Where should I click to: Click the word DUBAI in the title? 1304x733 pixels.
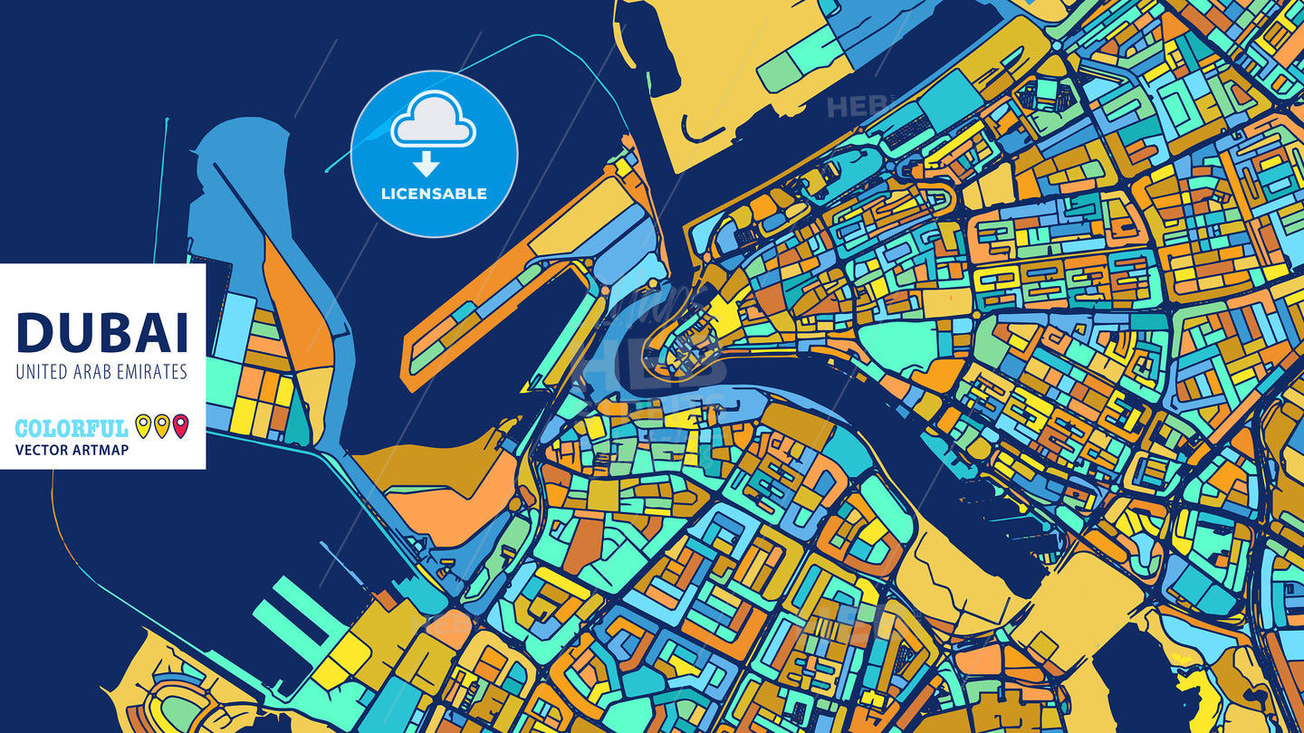point(102,332)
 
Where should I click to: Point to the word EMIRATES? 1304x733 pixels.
point(150,372)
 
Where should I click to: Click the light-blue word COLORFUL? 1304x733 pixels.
point(72,428)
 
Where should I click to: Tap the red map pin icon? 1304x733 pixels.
point(180,425)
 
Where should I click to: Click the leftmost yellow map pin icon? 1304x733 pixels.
point(143,425)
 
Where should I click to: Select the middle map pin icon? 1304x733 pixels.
point(161,425)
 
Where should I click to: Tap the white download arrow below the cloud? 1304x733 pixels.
point(426,164)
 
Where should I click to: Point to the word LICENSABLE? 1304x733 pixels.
point(434,194)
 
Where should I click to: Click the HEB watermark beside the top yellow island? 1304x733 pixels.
point(851,107)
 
